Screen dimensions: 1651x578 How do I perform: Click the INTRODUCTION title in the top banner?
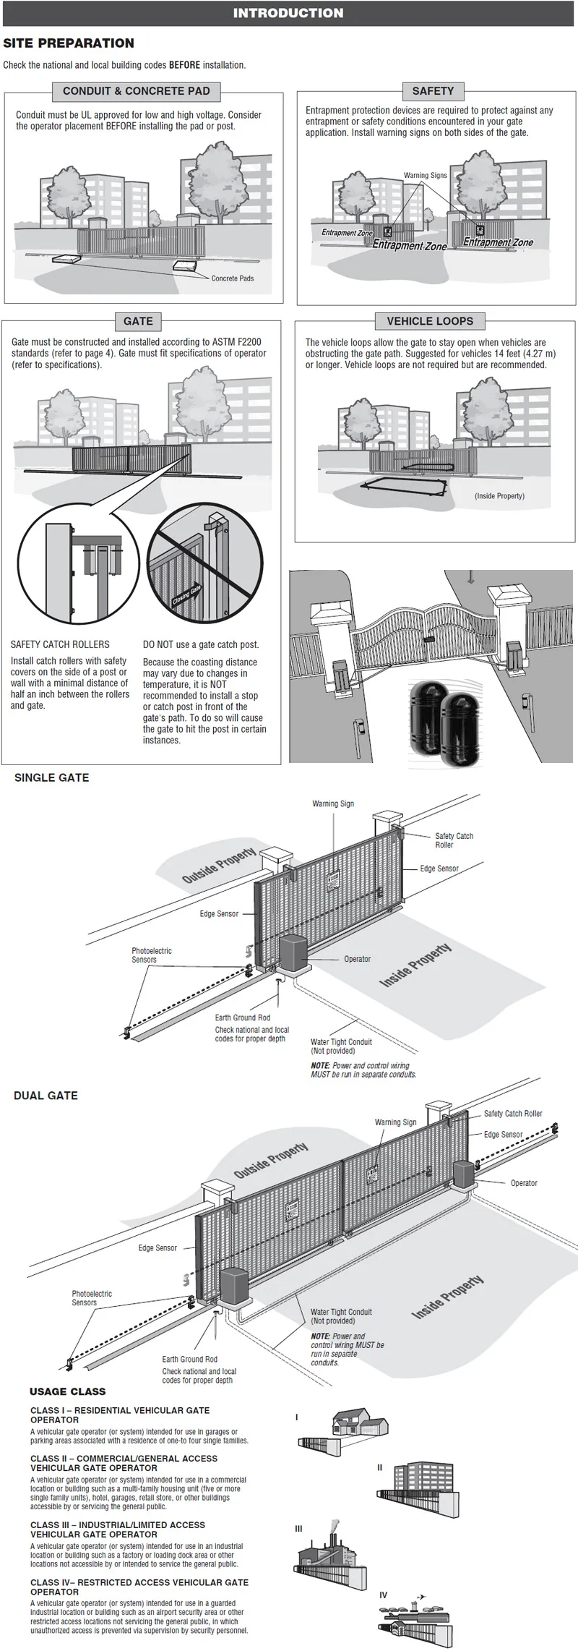[288, 13]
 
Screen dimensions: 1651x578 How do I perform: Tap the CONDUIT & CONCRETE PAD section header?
[136, 91]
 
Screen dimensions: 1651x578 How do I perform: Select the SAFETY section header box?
[433, 91]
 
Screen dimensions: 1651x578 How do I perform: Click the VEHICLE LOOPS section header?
[430, 321]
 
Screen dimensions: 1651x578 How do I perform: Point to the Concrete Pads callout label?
[232, 278]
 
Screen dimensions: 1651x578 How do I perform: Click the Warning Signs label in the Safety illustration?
[425, 176]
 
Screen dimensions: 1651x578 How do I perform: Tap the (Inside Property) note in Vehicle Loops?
[499, 496]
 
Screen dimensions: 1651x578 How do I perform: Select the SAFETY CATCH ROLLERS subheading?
[60, 644]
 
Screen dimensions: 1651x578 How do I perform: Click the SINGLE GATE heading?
[52, 778]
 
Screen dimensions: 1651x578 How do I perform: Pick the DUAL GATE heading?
[46, 1096]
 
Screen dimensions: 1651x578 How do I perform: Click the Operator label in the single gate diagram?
[357, 959]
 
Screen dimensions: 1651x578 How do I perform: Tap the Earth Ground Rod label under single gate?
[242, 1018]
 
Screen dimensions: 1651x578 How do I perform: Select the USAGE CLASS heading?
[67, 1391]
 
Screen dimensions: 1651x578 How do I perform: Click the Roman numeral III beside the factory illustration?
[299, 1530]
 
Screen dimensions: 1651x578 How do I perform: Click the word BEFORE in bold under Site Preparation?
[184, 65]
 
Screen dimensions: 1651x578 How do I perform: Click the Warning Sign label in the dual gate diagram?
[395, 1122]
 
